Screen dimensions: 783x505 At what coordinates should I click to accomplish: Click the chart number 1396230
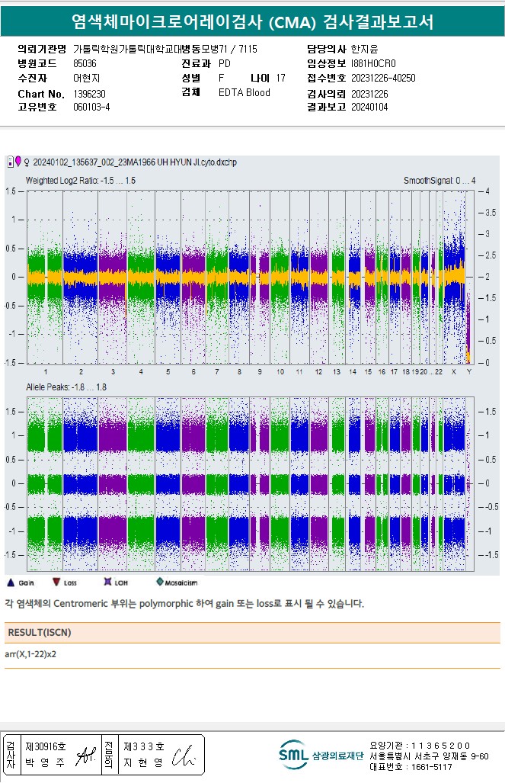pyautogui.click(x=89, y=93)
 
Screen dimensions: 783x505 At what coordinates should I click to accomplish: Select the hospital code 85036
pyautogui.click(x=85, y=64)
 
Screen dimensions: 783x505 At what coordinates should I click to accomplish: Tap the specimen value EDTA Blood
pyautogui.click(x=244, y=93)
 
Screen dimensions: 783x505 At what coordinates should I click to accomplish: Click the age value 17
pyautogui.click(x=281, y=79)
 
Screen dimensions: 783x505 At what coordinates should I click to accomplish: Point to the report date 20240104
pyautogui.click(x=369, y=108)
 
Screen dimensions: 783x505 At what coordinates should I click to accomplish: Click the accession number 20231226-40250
pyautogui.click(x=383, y=79)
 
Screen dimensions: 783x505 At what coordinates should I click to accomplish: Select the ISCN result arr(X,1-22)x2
pyautogui.click(x=30, y=654)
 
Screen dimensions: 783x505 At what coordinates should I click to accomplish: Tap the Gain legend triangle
pyautogui.click(x=11, y=582)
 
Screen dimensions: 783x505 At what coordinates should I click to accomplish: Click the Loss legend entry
pyautogui.click(x=66, y=582)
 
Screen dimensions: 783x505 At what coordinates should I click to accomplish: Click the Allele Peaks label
pyautogui.click(x=66, y=387)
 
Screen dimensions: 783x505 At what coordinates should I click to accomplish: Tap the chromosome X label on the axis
pyautogui.click(x=454, y=372)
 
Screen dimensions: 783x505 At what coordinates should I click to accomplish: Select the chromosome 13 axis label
pyautogui.click(x=336, y=372)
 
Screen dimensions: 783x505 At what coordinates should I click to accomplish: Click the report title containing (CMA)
pyautogui.click(x=252, y=21)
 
